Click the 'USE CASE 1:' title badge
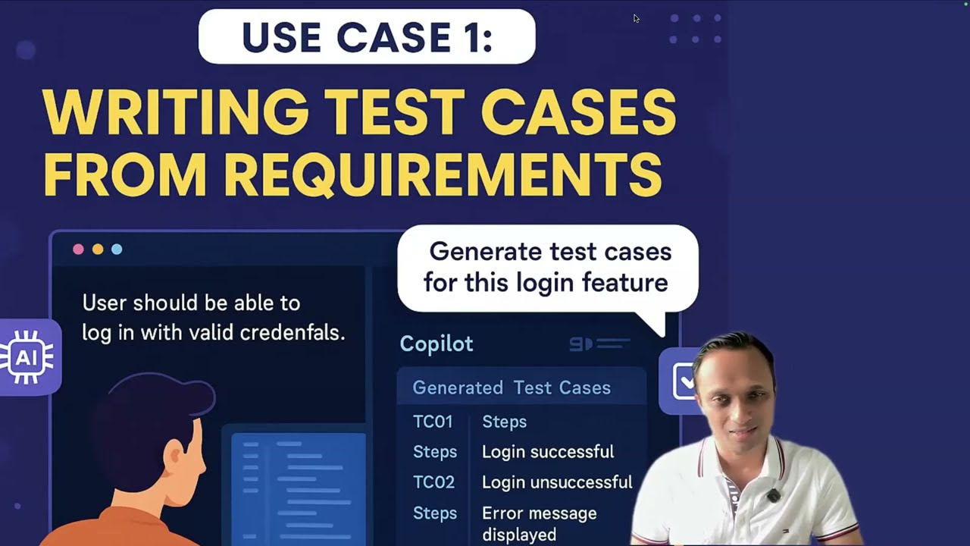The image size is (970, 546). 367,36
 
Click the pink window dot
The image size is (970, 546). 78,249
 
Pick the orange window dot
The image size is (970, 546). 98,249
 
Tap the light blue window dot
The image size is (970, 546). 117,249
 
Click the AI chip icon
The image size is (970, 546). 28,356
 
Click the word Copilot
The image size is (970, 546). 436,344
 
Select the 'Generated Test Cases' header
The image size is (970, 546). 512,388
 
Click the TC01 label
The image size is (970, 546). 433,422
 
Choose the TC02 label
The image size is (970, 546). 433,482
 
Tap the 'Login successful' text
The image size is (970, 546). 548,452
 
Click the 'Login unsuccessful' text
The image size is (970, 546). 557,482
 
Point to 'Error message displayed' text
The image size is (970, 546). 539,523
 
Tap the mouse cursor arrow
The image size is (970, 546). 637,18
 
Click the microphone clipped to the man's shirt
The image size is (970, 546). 773,496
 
